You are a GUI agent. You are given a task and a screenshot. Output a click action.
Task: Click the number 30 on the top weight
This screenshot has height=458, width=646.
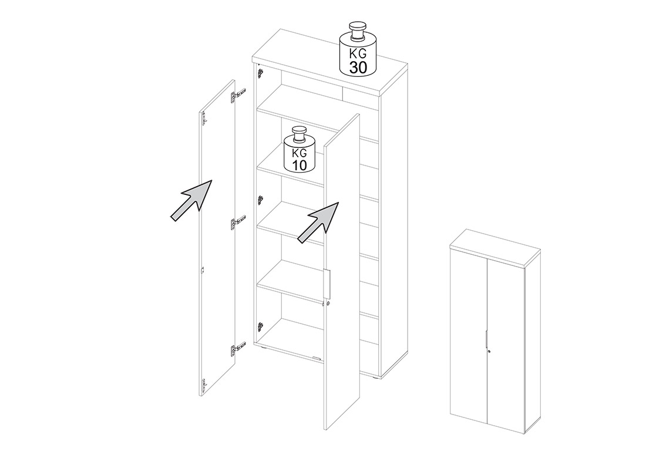pos(358,68)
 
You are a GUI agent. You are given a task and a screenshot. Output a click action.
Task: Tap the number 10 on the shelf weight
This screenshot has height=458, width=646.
pos(300,165)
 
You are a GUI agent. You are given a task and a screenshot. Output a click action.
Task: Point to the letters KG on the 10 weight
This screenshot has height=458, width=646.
pos(299,154)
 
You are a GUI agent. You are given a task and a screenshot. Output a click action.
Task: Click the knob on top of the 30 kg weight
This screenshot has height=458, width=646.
pos(357,31)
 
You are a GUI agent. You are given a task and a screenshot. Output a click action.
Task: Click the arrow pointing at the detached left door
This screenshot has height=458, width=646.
pos(191,200)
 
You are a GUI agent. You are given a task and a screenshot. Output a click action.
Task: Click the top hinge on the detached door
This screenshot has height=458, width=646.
pos(238,95)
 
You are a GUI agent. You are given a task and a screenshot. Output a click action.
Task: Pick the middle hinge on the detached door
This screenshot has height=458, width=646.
pos(238,223)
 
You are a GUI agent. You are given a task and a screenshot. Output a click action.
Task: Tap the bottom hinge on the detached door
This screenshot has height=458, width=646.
pos(238,350)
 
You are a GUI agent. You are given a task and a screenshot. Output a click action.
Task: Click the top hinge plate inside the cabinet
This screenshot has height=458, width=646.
pos(260,73)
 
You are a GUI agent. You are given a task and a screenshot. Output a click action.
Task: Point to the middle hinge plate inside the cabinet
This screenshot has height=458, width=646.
pos(260,200)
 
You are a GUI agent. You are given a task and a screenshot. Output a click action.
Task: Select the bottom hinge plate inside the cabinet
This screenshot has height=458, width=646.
pos(260,326)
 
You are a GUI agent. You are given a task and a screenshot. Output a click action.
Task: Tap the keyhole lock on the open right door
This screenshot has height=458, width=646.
pos(328,304)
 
